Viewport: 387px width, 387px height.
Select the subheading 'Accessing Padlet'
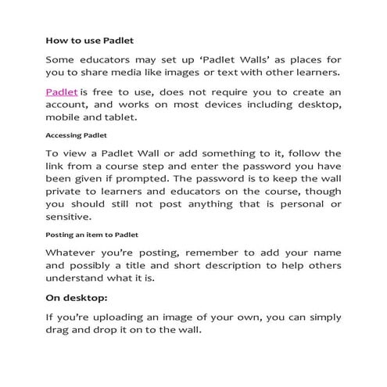coord(75,134)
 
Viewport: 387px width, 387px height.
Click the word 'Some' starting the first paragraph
coord(61,59)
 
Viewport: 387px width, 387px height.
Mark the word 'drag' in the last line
coord(59,331)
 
